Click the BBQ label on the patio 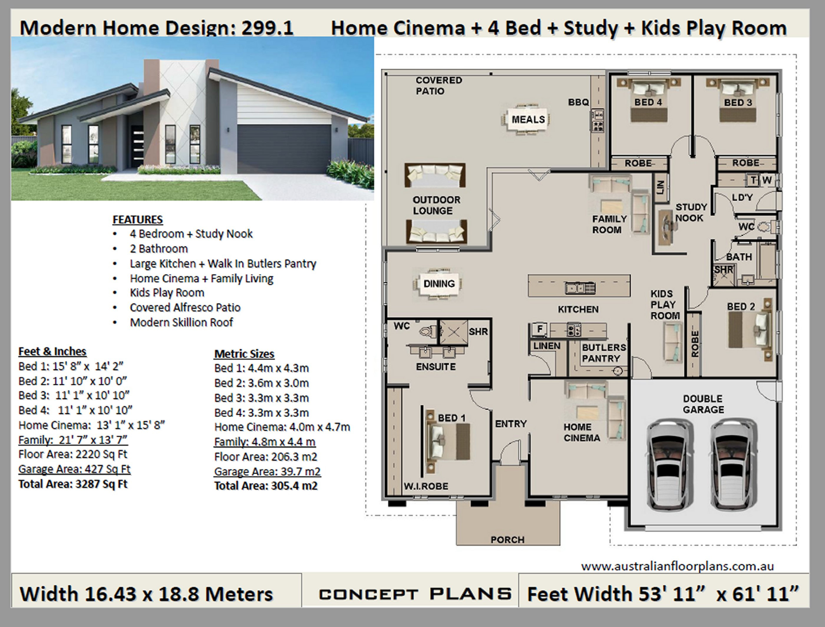pyautogui.click(x=578, y=102)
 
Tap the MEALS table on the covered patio pyautogui.click(x=528, y=120)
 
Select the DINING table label pyautogui.click(x=439, y=284)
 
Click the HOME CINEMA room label pyautogui.click(x=582, y=432)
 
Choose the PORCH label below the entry pyautogui.click(x=507, y=540)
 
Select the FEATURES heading pyautogui.click(x=138, y=219)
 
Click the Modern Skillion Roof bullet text pyautogui.click(x=181, y=322)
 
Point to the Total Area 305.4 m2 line pyautogui.click(x=266, y=486)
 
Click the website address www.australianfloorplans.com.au pyautogui.click(x=677, y=566)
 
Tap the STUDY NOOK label pyautogui.click(x=691, y=212)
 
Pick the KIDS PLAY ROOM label pyautogui.click(x=665, y=305)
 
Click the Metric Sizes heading pyautogui.click(x=244, y=354)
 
